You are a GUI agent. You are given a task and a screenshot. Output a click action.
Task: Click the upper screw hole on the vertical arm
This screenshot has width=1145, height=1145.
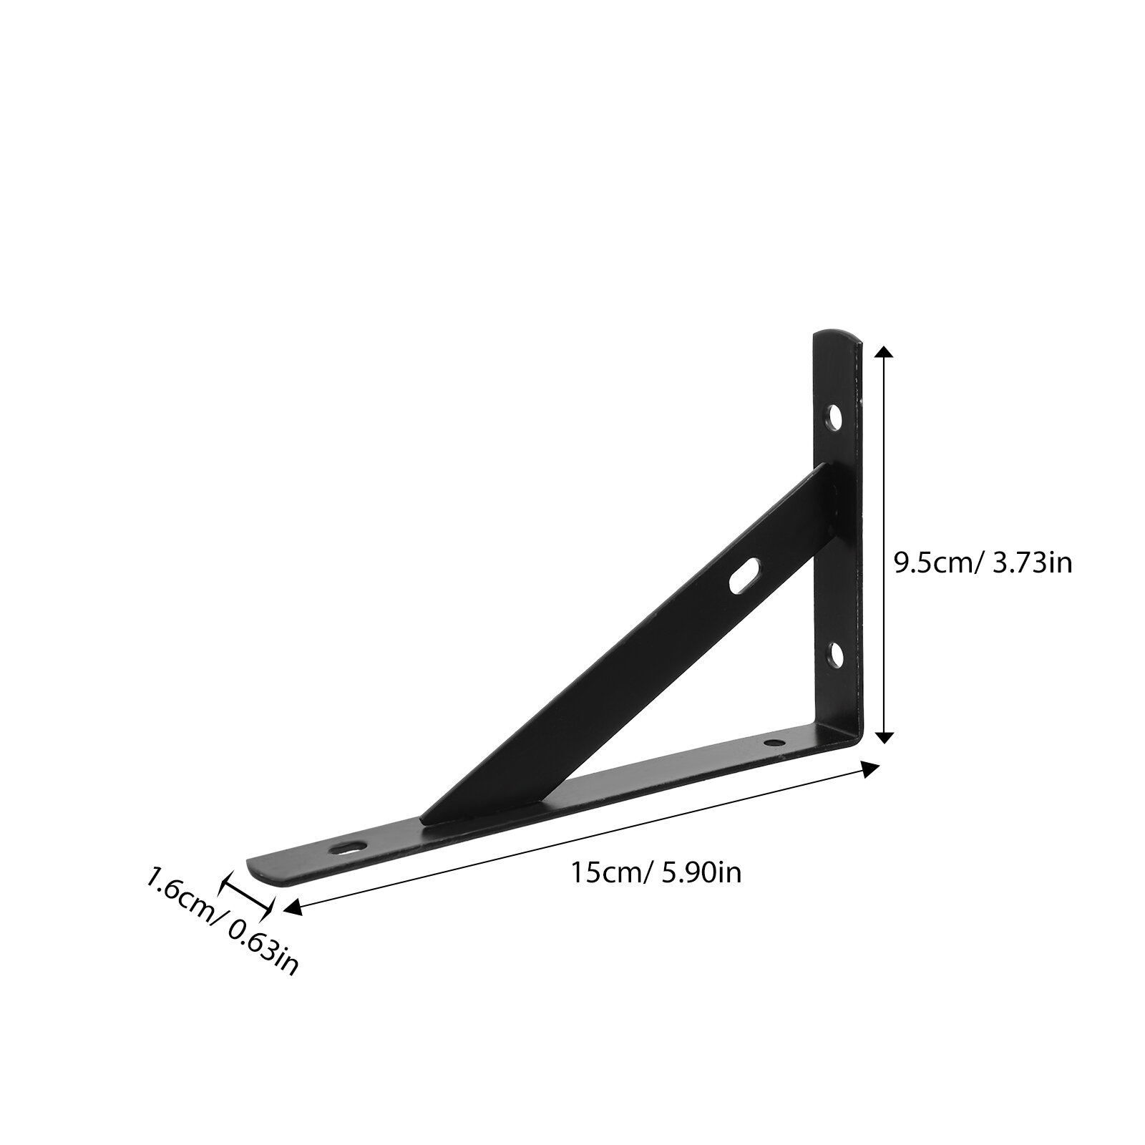click(834, 416)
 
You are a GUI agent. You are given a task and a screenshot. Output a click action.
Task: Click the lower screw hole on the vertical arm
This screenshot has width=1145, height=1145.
click(834, 654)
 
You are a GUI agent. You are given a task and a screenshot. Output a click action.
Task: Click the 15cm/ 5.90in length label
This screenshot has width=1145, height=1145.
click(656, 873)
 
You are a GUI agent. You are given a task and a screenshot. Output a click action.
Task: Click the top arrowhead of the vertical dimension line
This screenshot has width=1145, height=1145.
click(885, 354)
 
